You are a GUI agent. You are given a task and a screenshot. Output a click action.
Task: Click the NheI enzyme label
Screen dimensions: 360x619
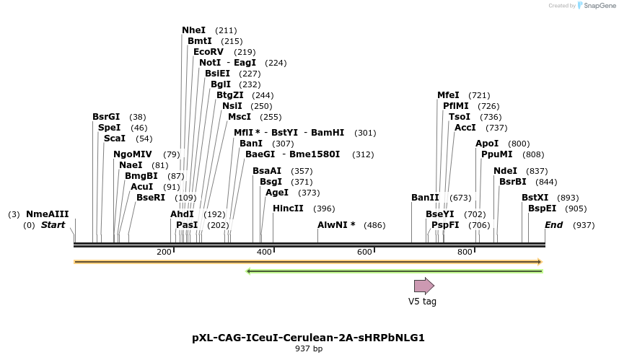[193, 30]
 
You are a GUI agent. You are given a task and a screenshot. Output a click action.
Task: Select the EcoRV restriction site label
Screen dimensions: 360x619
[208, 52]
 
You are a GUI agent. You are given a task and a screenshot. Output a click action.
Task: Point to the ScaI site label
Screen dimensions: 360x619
[114, 138]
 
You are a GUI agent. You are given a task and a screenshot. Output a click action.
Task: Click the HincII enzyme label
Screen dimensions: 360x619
[288, 208]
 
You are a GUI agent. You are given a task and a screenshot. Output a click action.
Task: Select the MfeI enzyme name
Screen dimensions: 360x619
[448, 95]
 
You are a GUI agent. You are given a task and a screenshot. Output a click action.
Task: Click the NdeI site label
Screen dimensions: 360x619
[505, 171]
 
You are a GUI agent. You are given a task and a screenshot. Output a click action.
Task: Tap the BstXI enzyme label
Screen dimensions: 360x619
[535, 198]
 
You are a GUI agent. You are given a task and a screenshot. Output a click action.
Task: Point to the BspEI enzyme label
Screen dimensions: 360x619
[542, 208]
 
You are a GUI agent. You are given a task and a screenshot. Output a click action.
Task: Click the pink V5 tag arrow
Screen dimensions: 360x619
[423, 286]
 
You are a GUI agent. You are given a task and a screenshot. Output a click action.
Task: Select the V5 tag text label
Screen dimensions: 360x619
[422, 302]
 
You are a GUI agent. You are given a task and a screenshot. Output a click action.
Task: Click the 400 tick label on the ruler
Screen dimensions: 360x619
[264, 252]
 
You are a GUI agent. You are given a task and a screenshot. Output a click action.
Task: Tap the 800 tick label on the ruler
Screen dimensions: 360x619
[465, 252]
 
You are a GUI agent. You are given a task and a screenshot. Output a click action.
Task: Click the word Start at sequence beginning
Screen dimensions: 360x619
[53, 225]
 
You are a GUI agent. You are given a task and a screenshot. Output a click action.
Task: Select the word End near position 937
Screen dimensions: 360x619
[553, 225]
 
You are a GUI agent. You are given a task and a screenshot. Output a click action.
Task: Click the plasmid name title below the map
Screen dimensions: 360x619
[308, 338]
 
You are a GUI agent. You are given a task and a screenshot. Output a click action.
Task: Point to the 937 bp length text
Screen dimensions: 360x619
[308, 349]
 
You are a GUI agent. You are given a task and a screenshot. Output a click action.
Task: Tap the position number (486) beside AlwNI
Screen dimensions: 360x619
[374, 225]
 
